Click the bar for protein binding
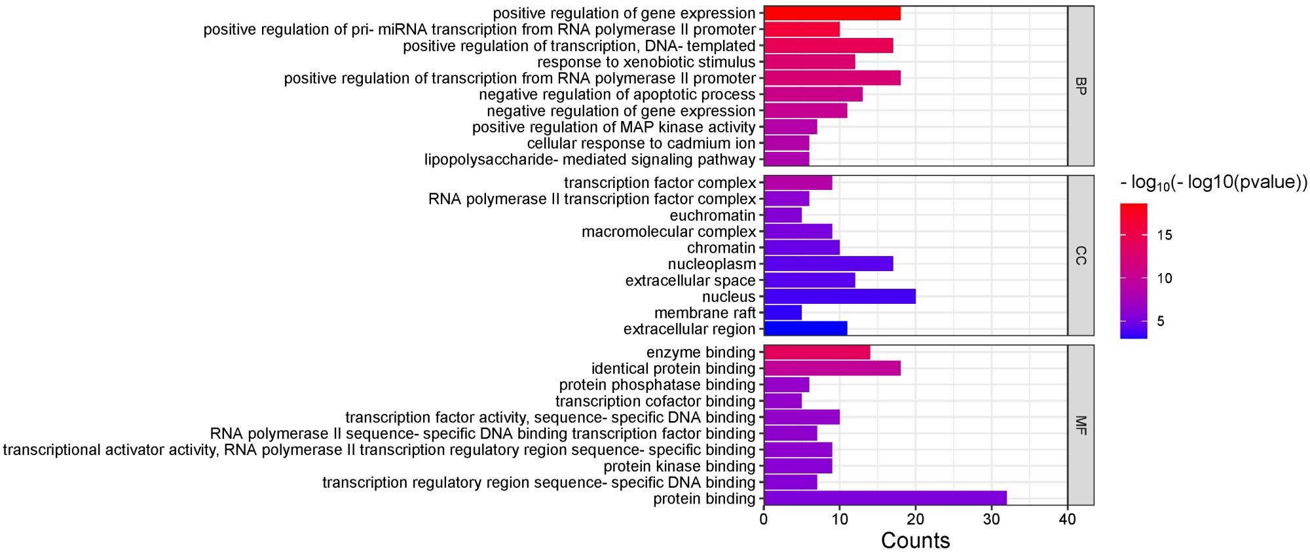tap(885, 499)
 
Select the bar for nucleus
tap(840, 297)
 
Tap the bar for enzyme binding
tap(817, 352)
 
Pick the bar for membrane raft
tap(783, 313)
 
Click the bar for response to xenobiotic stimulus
tap(810, 62)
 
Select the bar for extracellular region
tap(806, 329)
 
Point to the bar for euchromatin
tap(783, 215)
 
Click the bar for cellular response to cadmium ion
tap(787, 143)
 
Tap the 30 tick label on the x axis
tap(992, 520)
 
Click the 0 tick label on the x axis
tap(764, 520)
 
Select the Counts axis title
tap(915, 540)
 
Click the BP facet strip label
tap(1081, 86)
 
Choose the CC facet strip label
tap(1081, 255)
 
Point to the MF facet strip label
tap(1081, 425)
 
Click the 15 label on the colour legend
tap(1165, 236)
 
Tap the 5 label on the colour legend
tap(1161, 322)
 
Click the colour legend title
tap(1214, 183)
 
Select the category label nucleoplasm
tap(712, 265)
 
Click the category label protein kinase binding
tap(679, 466)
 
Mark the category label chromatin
tap(721, 248)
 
